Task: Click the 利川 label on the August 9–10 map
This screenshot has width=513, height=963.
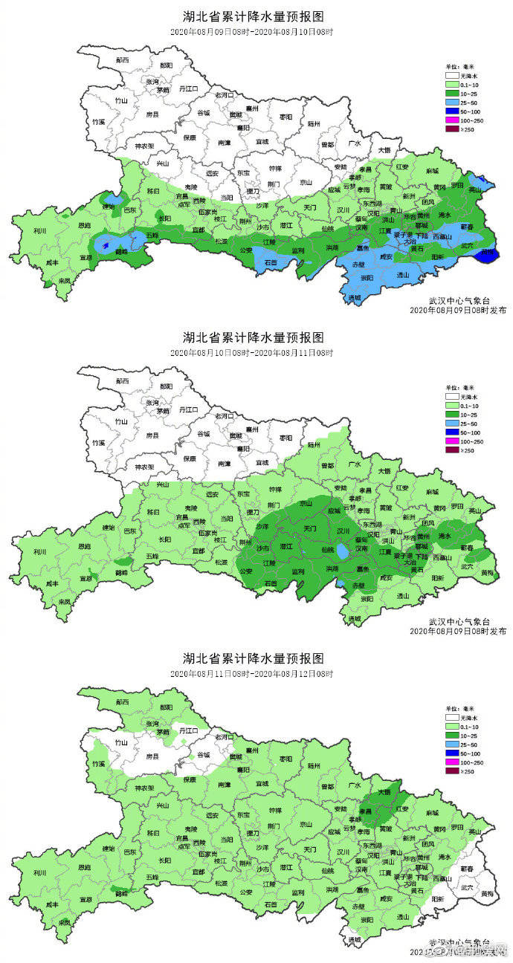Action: pyautogui.click(x=30, y=230)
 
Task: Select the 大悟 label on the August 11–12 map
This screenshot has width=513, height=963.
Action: pyautogui.click(x=384, y=791)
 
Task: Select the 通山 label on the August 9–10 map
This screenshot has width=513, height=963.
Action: pyautogui.click(x=403, y=274)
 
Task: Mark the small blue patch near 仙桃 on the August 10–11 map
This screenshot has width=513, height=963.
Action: pyautogui.click(x=340, y=554)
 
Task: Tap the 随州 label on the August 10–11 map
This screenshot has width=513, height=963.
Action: pyautogui.click(x=313, y=444)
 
